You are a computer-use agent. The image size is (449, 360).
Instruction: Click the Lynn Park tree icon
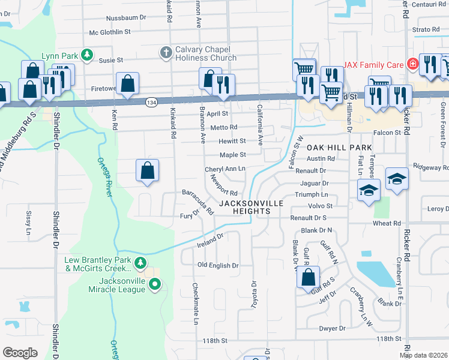(87, 55)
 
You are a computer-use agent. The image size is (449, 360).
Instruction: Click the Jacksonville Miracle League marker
(155, 284)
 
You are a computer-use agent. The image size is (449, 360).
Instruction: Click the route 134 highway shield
(150, 103)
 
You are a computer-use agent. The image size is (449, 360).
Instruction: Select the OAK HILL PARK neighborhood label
(340, 147)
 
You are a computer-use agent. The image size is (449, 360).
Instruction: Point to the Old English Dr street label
(218, 265)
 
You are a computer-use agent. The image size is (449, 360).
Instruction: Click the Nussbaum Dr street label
(126, 17)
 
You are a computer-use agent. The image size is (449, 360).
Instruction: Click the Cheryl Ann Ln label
(225, 169)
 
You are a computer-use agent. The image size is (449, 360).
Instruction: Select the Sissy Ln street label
(28, 221)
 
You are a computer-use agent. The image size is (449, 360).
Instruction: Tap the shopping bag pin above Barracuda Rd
(148, 171)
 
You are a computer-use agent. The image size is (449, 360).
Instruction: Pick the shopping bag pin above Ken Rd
(128, 85)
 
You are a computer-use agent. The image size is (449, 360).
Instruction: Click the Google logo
(20, 353)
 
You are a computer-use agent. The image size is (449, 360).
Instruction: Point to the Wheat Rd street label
(386, 223)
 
